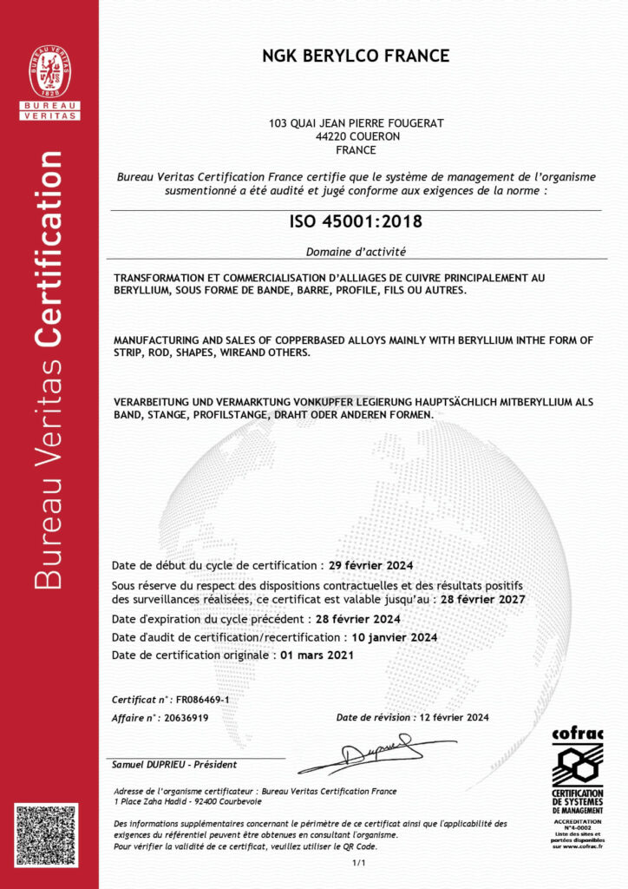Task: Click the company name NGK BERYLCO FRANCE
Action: pos(356,56)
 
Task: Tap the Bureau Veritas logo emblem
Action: pos(49,72)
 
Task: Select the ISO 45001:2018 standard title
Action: pos(356,221)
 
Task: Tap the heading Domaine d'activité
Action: pos(356,252)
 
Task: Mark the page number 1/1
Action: pos(358,863)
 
